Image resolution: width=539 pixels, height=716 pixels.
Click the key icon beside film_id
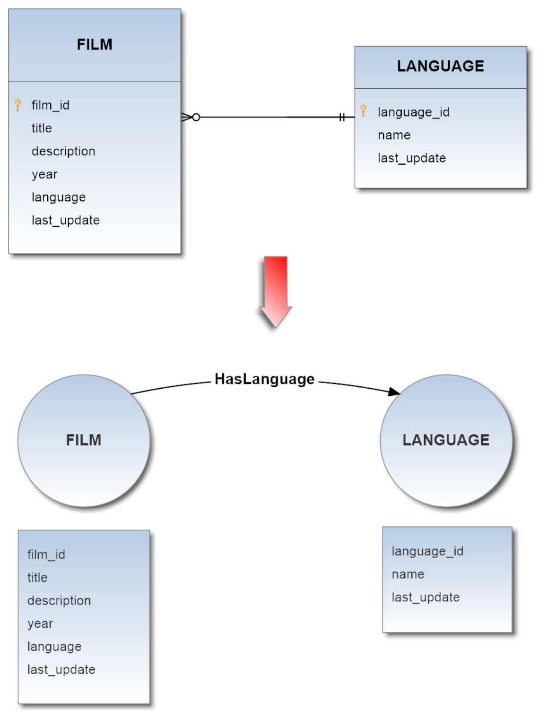18,105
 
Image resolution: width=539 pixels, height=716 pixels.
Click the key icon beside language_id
363,111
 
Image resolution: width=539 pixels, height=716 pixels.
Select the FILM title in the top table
95,44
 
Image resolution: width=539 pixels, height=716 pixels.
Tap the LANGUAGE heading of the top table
440,66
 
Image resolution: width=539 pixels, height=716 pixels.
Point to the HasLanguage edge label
264,379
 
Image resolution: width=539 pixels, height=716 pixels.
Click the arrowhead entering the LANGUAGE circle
393,392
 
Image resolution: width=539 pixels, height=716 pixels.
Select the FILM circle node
84,440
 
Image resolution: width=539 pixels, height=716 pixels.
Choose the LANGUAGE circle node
446,440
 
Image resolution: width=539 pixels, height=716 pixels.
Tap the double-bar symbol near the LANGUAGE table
342,117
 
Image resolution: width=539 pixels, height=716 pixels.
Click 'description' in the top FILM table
63,151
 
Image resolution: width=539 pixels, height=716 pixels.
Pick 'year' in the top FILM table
44,174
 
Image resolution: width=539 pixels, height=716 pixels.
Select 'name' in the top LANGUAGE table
394,135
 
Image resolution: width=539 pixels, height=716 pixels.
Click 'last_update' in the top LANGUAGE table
411,158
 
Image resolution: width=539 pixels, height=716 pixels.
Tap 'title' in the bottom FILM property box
37,578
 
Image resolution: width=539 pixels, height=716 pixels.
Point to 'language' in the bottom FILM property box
54,647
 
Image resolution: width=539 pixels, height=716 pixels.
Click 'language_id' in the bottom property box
427,551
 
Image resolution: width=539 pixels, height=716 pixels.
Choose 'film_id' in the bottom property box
46,554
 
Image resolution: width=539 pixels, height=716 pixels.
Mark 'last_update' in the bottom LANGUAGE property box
426,597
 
